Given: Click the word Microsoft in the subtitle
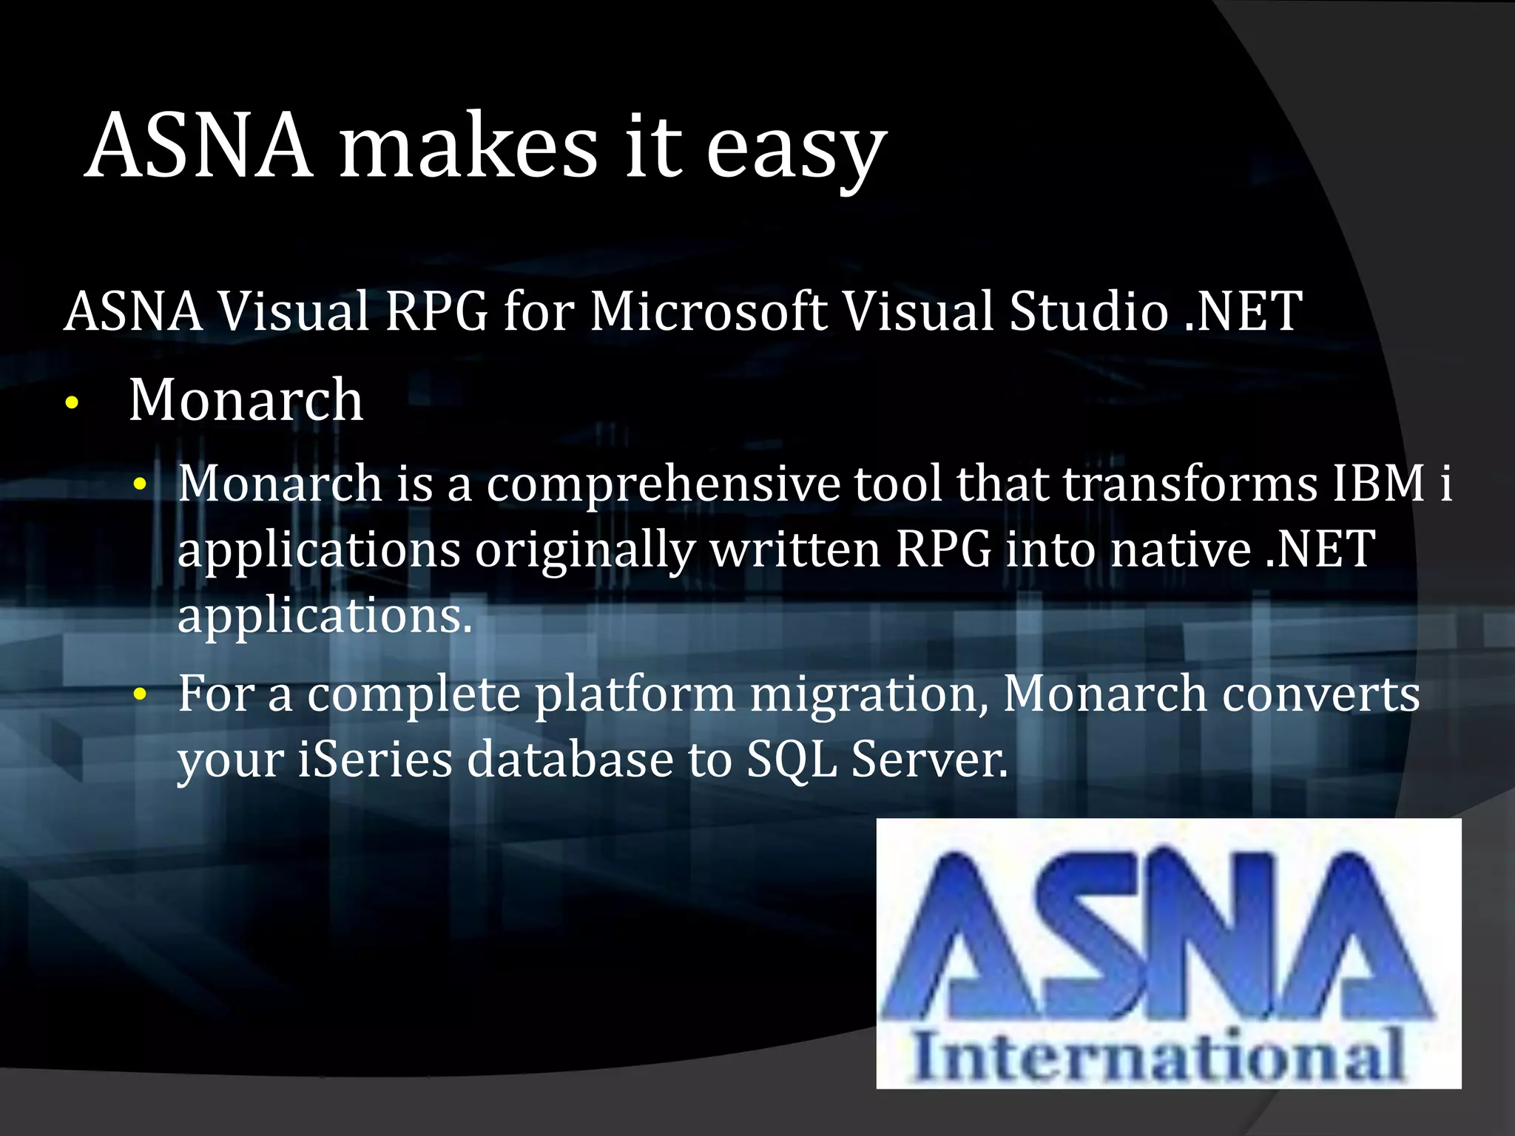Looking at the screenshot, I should pos(708,311).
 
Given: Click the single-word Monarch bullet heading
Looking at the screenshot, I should pos(246,400).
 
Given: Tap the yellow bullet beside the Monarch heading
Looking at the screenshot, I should pos(71,404).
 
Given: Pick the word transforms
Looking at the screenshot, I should pos(1191,484).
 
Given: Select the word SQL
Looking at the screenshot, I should pos(792,762).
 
